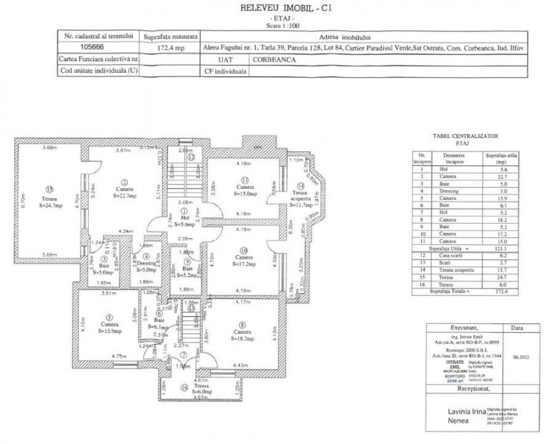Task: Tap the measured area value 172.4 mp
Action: point(170,47)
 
